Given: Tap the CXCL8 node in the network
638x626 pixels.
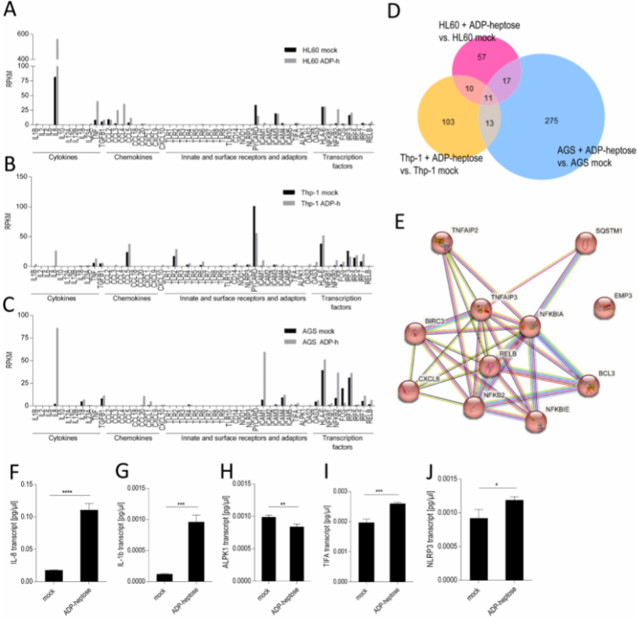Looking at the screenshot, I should click(x=407, y=389).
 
